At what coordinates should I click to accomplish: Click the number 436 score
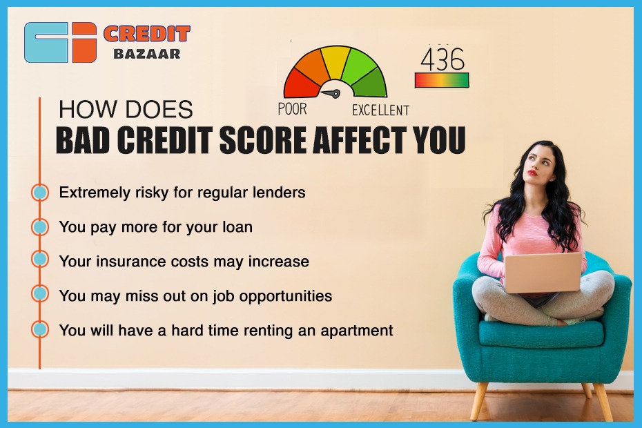point(442,59)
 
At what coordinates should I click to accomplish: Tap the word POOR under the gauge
point(292,109)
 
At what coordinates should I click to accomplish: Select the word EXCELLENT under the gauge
point(381,110)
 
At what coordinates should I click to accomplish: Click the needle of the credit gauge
point(331,93)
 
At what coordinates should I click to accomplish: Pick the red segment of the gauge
point(300,84)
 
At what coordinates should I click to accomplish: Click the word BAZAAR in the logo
point(146,54)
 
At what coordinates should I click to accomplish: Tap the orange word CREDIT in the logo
point(146,34)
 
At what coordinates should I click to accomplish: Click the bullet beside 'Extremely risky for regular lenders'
point(40,193)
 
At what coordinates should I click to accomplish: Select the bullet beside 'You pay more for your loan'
point(40,227)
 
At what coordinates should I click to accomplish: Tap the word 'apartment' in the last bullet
point(357,331)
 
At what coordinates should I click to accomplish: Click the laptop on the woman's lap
point(543,272)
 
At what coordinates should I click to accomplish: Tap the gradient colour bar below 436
point(442,80)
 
